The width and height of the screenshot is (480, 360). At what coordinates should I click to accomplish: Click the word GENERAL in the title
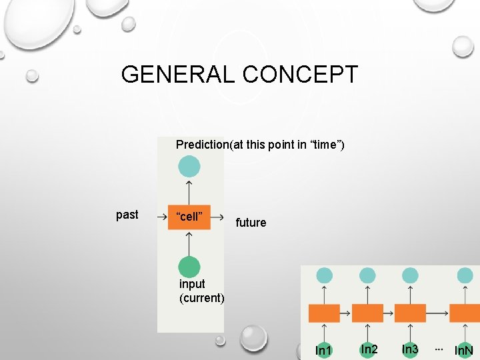click(x=179, y=74)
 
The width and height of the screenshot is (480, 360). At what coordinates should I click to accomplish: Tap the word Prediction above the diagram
click(x=202, y=145)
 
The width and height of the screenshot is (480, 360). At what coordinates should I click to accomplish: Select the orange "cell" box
click(x=189, y=217)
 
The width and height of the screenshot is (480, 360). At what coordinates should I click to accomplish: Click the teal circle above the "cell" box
click(x=189, y=167)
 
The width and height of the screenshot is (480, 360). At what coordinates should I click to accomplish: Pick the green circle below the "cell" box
click(x=189, y=267)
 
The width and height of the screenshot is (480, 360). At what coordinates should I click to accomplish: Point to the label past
click(x=127, y=215)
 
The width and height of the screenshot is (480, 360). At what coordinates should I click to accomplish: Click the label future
click(x=251, y=223)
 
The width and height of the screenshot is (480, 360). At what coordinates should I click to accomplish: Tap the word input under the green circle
click(x=192, y=284)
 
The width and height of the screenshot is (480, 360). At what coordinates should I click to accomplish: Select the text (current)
click(x=202, y=297)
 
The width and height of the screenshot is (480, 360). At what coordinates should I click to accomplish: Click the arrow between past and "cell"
click(x=161, y=217)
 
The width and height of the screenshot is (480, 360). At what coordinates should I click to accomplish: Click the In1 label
click(x=323, y=350)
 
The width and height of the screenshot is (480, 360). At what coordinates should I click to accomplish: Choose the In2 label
click(x=369, y=349)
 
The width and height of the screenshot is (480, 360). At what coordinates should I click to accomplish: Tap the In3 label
click(x=410, y=349)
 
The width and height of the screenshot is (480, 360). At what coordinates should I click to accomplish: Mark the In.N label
click(x=463, y=350)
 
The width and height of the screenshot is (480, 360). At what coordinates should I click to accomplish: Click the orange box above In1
click(x=324, y=313)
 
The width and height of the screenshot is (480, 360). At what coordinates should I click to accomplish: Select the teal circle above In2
click(x=367, y=275)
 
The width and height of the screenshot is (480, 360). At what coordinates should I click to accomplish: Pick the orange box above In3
click(x=411, y=313)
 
